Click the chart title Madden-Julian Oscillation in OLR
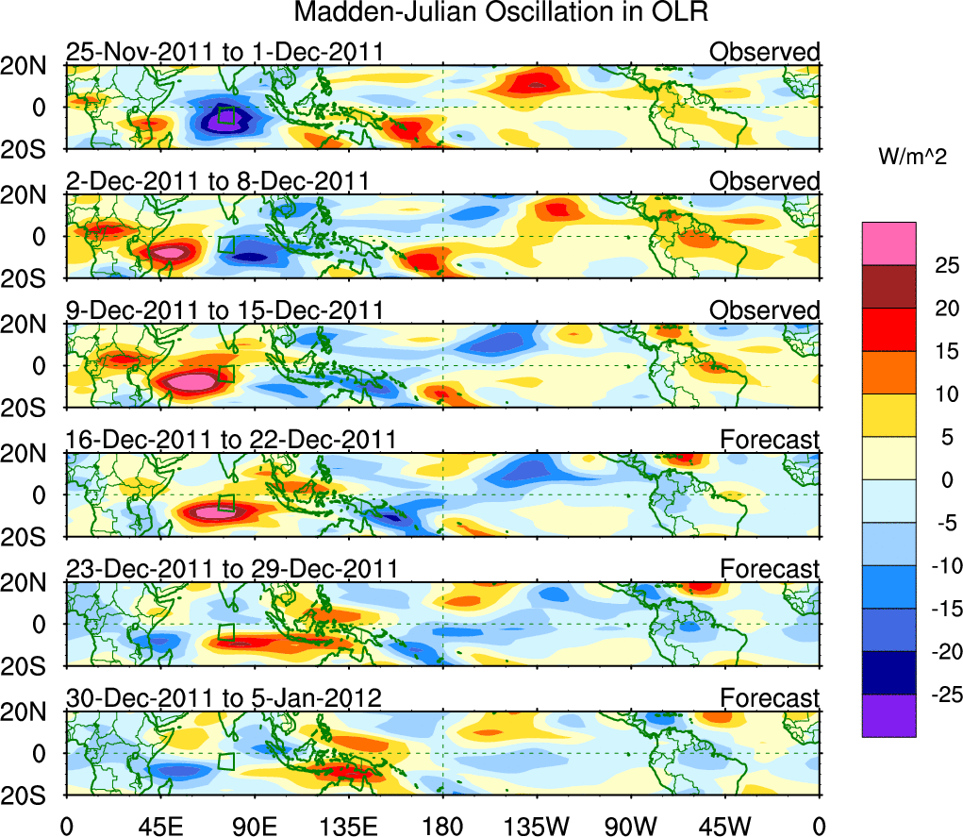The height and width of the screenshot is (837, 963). [x=501, y=12]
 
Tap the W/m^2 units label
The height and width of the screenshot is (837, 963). [x=912, y=157]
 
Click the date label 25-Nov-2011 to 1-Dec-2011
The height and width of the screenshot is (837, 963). [x=224, y=51]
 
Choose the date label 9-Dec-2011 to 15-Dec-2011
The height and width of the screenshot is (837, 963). [x=224, y=310]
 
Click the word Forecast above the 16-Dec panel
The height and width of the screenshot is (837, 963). [x=770, y=439]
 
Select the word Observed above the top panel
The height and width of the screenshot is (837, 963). [x=765, y=51]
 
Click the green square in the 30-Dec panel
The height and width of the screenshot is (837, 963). [x=226, y=762]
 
